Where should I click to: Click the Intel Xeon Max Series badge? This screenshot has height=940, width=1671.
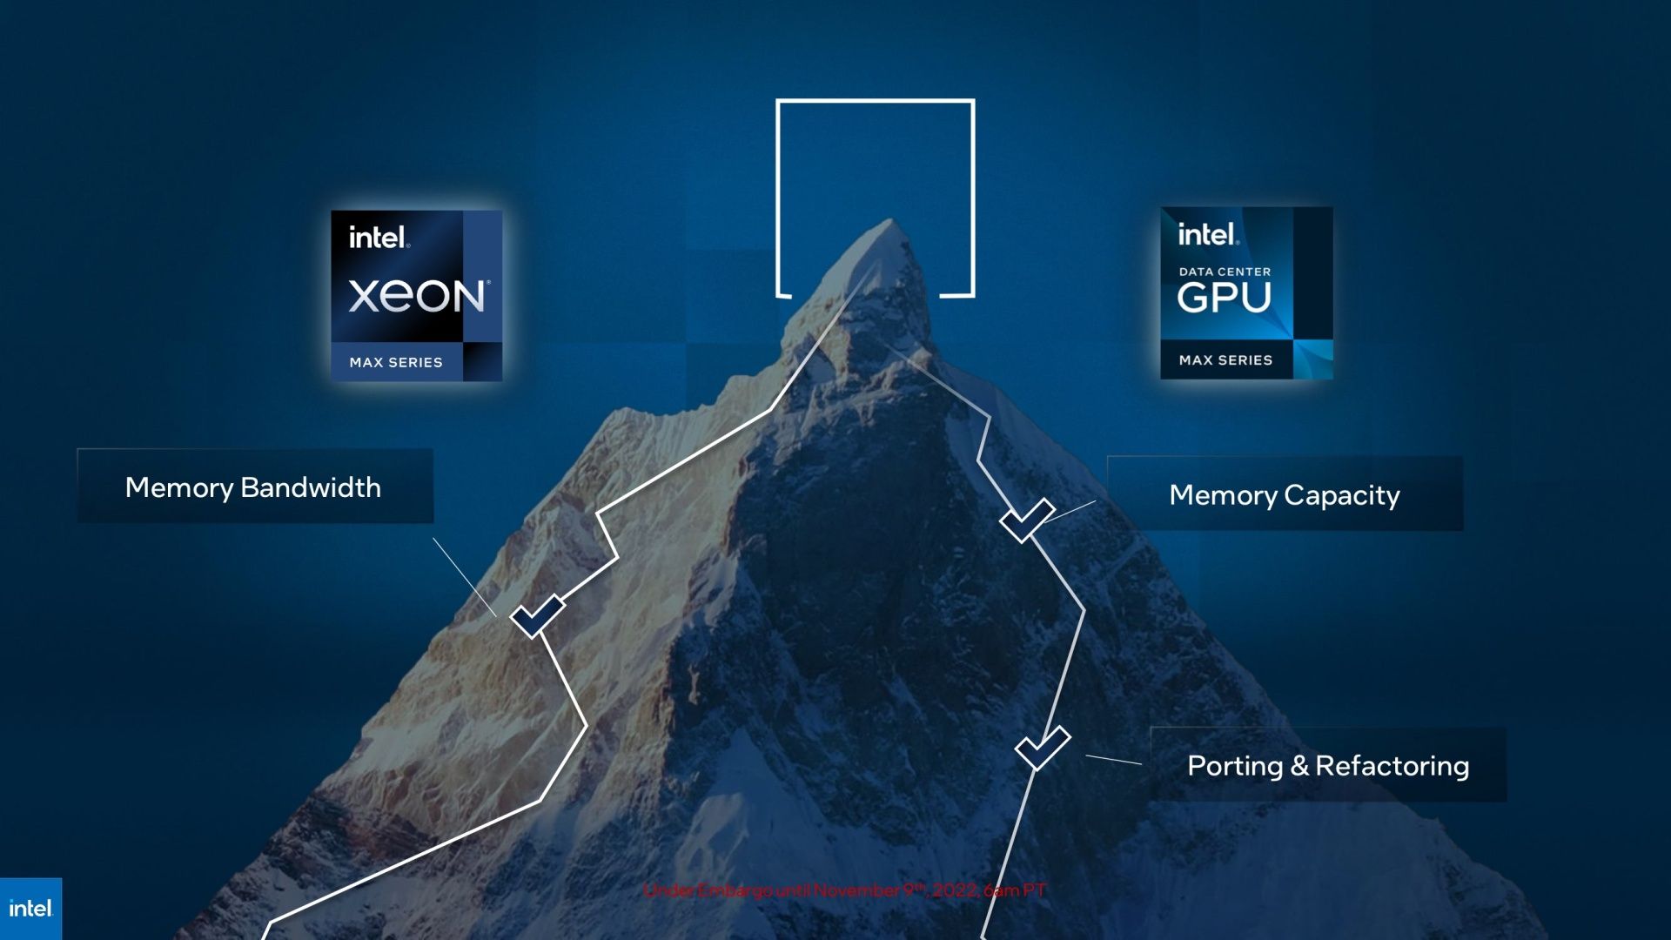416,296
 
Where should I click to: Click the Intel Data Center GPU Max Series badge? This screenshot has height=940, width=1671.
1246,293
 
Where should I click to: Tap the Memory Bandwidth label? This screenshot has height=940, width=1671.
253,487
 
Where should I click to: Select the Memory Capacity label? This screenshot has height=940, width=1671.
1285,495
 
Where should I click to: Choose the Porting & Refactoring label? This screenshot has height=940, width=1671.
1328,766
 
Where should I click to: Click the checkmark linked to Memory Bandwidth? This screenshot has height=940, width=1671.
537,616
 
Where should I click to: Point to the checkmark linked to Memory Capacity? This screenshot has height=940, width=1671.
1027,520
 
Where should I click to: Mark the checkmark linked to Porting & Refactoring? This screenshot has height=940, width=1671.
1042,749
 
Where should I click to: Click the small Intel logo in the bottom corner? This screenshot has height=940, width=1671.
30,909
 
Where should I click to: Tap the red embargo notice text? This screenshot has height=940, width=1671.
844,890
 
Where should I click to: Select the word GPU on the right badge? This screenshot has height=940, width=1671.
1225,298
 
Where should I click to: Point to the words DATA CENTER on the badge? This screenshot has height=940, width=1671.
1225,272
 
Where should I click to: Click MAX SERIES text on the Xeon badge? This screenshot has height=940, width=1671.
396,362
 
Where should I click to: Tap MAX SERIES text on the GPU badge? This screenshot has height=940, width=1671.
1225,360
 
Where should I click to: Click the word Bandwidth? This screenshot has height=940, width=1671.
311,487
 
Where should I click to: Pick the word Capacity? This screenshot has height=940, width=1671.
1342,495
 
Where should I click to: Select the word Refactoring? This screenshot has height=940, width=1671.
1392,766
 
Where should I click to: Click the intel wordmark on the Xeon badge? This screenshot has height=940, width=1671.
379,238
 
